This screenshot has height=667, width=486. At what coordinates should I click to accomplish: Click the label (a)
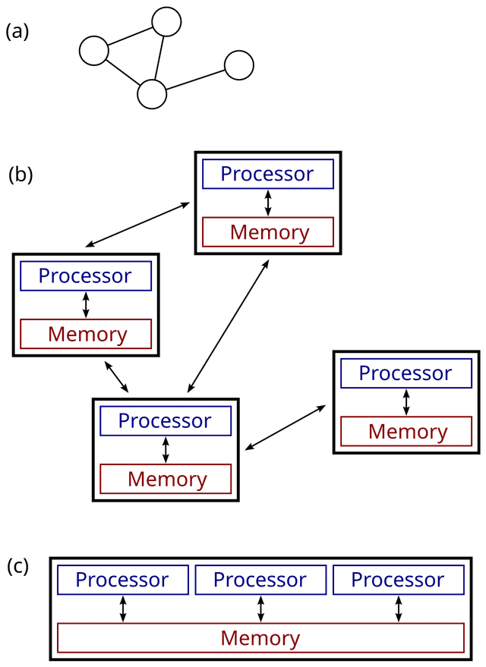coord(17,33)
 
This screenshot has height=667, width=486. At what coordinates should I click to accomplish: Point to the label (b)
coord(21,175)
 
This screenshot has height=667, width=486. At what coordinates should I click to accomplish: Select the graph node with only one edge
coord(238,65)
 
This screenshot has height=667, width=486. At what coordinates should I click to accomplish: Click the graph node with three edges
coord(152,93)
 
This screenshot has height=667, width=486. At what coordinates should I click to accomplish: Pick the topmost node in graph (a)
coord(166,21)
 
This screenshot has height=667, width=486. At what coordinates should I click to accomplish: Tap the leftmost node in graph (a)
coord(94,51)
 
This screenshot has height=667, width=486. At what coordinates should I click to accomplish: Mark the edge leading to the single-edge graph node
coord(195,80)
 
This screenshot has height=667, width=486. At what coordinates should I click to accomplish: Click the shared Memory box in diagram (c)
coord(260,637)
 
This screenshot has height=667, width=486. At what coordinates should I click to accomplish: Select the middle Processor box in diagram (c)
coord(260,580)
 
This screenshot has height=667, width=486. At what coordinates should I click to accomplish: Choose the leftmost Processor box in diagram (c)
coord(122,580)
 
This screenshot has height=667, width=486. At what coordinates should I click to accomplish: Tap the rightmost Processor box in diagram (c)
coord(397,580)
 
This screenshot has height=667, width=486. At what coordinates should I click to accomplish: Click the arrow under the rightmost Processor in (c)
coord(398,609)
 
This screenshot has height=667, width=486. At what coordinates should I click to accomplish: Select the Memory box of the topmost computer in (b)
coord(269,231)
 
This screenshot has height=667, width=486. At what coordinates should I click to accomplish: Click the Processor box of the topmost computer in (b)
coord(267,175)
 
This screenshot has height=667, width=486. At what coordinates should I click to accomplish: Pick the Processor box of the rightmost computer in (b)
coord(406,373)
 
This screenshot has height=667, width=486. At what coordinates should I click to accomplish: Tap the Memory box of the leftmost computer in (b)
coord(87,333)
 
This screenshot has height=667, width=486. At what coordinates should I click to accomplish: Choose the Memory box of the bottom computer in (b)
coord(166,479)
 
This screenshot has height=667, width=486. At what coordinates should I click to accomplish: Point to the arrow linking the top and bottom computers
coord(227,326)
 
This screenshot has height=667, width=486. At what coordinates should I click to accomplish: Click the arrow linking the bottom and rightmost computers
coord(286,428)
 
